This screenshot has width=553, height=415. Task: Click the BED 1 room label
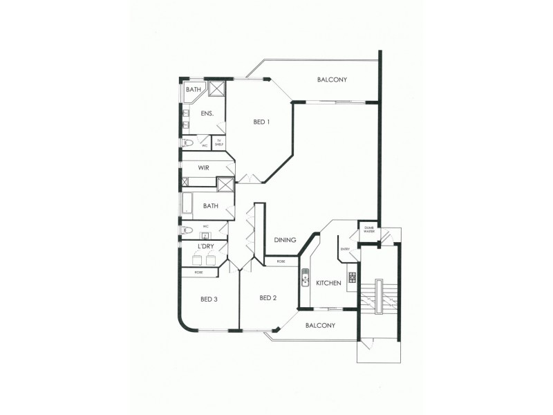(x=261, y=122)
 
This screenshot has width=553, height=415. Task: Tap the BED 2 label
(x=268, y=298)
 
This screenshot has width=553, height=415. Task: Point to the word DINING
(x=285, y=240)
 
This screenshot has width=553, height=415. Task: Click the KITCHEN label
(x=329, y=284)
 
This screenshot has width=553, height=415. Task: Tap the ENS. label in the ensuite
(x=207, y=113)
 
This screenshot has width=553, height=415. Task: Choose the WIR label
(x=204, y=168)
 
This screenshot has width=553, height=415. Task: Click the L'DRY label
(x=205, y=246)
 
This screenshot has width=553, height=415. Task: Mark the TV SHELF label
(x=218, y=143)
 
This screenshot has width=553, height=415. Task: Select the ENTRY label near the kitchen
(x=346, y=250)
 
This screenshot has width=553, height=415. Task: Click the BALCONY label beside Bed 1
(x=332, y=80)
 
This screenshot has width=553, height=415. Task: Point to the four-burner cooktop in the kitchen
(x=352, y=277)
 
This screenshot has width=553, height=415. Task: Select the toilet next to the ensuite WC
(x=188, y=144)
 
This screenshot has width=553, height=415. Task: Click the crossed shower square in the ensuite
(x=217, y=89)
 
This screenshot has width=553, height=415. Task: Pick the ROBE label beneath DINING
(x=281, y=261)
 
